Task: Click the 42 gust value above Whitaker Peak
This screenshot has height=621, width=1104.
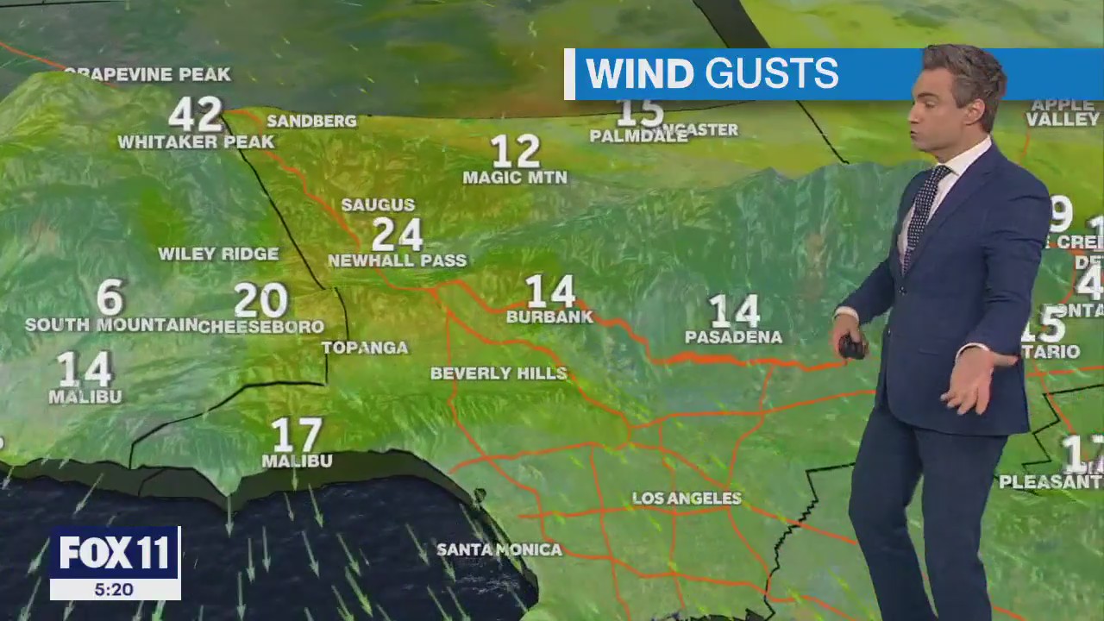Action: point(195,115)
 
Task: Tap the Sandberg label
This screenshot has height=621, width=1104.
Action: point(311,122)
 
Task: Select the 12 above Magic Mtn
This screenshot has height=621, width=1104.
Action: point(515,152)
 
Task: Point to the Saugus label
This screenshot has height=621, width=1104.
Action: point(378,205)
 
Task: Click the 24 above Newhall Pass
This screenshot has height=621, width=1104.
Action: point(397,234)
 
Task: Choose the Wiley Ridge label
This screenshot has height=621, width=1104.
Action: point(218,254)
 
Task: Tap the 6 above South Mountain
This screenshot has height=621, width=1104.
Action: point(110,298)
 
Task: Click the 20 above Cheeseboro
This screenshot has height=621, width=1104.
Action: point(260,300)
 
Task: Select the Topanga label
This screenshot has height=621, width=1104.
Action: point(365,348)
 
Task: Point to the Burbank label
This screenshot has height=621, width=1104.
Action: point(549,317)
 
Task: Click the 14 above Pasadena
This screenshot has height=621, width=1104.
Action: point(734,311)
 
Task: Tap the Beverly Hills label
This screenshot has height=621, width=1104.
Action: point(499,373)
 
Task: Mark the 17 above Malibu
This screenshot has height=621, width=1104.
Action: point(297,436)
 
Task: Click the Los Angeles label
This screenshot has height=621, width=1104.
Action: point(687,499)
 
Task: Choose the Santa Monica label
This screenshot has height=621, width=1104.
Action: point(499,549)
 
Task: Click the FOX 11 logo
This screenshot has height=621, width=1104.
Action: point(115,553)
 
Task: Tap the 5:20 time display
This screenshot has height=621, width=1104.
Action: point(115,590)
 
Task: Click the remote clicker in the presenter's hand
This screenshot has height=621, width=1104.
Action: point(852,347)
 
